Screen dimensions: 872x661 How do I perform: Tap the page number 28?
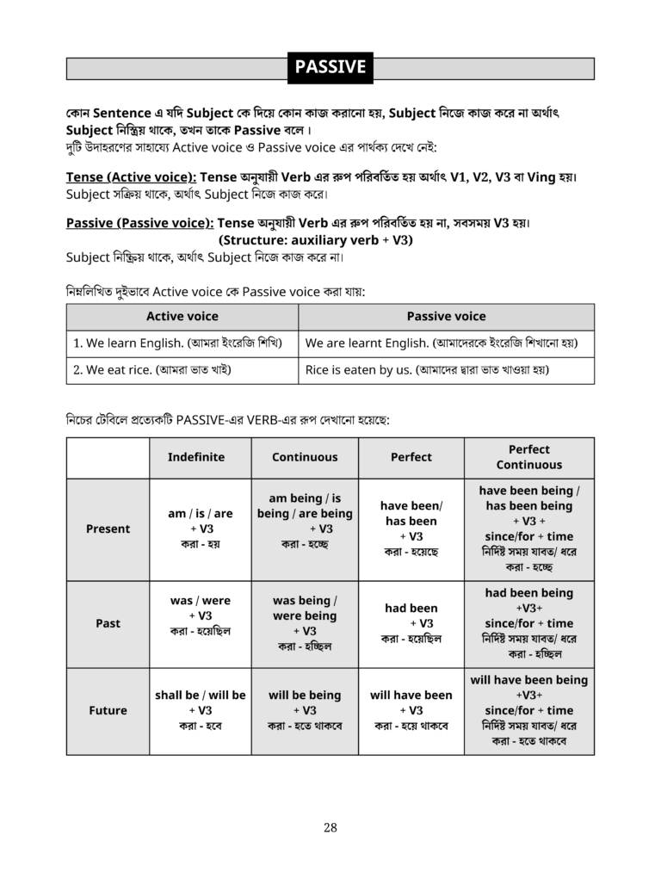coord(330,828)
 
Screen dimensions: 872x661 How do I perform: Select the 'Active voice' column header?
coord(182,316)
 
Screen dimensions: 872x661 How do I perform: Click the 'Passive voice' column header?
coord(446,316)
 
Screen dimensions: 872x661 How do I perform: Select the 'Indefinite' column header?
coord(196,457)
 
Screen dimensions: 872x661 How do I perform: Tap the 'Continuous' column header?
coord(305,457)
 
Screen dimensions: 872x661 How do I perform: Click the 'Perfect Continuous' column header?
coord(528,457)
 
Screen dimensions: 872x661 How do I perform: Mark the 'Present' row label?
coord(108,529)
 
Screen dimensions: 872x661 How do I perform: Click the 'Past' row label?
coord(108,623)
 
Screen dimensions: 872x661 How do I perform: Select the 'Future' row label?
coord(108,710)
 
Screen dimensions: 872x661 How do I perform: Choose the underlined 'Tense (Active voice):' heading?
coord(131,177)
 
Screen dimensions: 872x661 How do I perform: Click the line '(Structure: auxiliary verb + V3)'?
coord(316,240)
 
